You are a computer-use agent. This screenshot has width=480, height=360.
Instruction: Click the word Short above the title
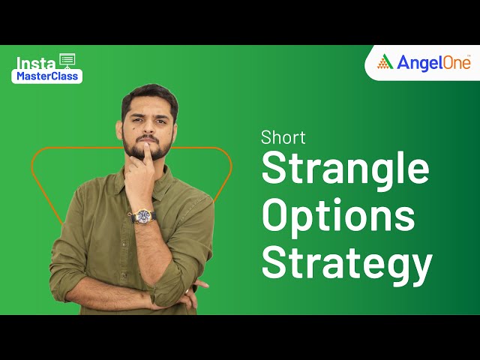pos(283,137)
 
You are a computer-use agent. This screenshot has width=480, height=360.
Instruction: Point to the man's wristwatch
pos(142,216)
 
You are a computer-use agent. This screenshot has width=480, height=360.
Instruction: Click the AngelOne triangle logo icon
pos(385,62)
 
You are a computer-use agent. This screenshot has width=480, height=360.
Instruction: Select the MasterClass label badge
pos(46,76)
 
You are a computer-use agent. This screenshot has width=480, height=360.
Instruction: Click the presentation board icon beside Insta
pos(67,60)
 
